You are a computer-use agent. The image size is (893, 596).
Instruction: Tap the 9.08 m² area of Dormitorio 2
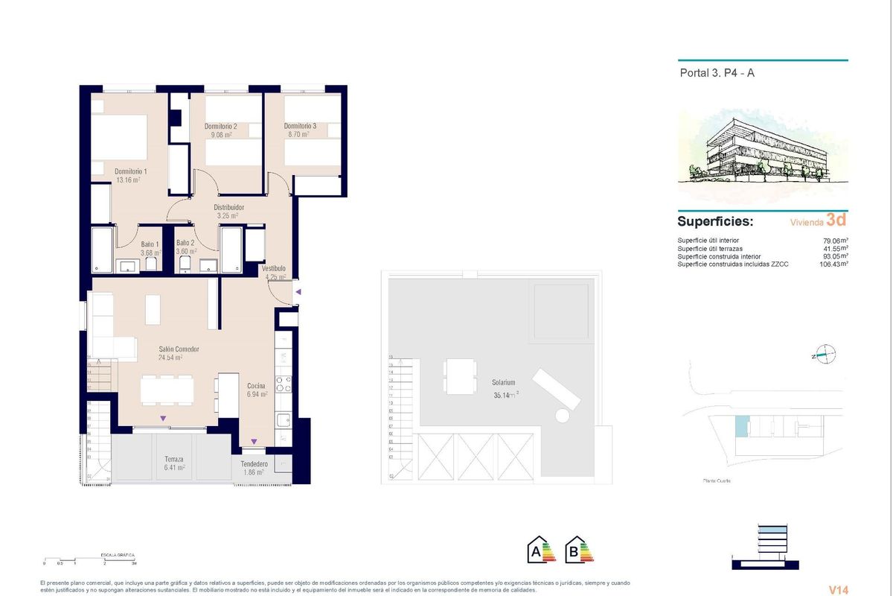pos(220,135)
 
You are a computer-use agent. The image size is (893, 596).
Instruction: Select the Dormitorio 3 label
pos(300,127)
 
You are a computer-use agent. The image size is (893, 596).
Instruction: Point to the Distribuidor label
pos(229,207)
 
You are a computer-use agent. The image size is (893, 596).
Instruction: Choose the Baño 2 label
pos(185,243)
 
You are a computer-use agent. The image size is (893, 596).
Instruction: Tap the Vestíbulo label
pos(274,268)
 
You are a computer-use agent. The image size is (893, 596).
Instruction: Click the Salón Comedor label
pos(179,349)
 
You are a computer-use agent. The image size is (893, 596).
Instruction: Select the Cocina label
pos(257,385)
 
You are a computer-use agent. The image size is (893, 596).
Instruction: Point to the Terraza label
pos(173,460)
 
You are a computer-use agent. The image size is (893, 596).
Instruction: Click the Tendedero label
pos(255,463)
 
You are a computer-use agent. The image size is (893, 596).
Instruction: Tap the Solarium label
pos(504,382)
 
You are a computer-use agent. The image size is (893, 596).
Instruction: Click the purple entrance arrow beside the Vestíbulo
pos(298,293)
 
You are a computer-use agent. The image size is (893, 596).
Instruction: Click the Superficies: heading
pos(715,222)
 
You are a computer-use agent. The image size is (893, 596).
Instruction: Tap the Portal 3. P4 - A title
pos(717,73)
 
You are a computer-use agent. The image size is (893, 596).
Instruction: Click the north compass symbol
pos(825,355)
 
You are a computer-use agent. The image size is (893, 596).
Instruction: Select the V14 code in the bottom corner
pos(838,589)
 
